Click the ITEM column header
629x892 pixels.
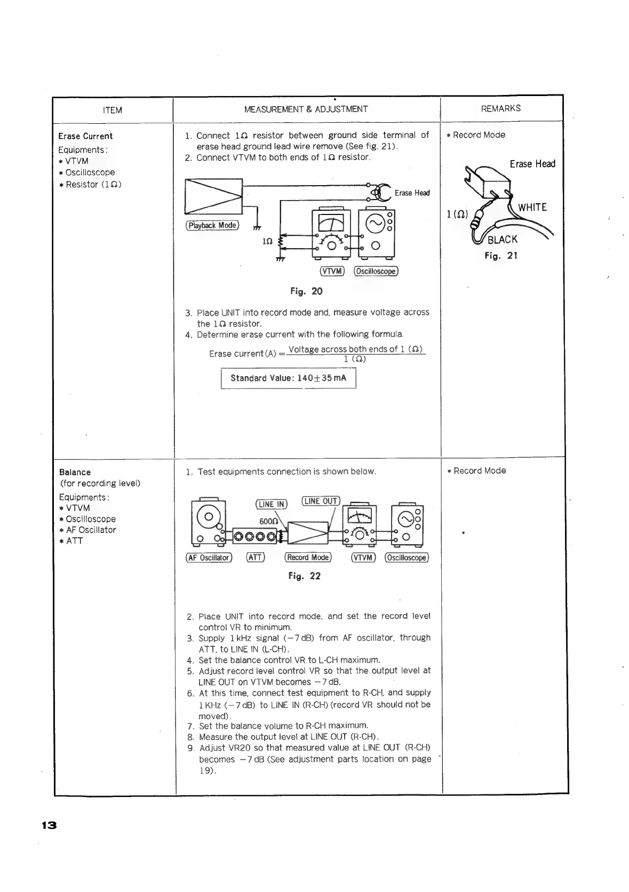point(112,110)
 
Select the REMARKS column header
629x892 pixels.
point(500,108)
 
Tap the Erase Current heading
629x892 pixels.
point(85,136)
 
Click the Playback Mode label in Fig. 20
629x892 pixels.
point(212,225)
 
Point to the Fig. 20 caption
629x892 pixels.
point(306,291)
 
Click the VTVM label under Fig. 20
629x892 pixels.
point(332,271)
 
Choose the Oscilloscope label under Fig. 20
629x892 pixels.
point(376,271)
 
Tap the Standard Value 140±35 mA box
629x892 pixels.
point(288,378)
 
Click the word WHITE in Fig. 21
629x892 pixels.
point(532,208)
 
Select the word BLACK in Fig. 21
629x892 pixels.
point(503,240)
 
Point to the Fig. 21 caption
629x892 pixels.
point(501,256)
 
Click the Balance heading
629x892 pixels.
point(75,472)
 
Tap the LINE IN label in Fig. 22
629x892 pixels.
point(272,504)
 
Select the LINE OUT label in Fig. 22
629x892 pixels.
point(320,501)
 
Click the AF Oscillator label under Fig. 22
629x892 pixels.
point(209,557)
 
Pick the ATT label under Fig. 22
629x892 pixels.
point(256,557)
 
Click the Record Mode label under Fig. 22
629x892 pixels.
point(308,557)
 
